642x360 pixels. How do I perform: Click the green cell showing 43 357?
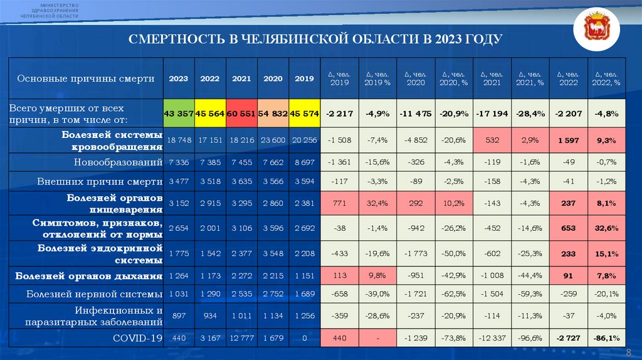coord(179,114)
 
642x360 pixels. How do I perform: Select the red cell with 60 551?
coord(241,114)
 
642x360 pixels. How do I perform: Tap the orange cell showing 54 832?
coord(273,114)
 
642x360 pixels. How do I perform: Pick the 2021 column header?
coord(241,78)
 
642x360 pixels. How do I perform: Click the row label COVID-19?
coord(138,338)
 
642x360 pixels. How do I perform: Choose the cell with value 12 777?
coord(241,338)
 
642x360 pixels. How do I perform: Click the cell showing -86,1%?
coord(606,338)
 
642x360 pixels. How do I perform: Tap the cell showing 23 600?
coord(273,141)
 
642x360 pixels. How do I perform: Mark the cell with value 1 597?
coord(568,141)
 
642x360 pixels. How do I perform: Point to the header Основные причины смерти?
coord(86,79)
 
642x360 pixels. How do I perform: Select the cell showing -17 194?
coord(492,114)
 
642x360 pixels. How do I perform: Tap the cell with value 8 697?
coord(304,162)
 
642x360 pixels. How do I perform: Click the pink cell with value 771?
coord(339,203)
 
